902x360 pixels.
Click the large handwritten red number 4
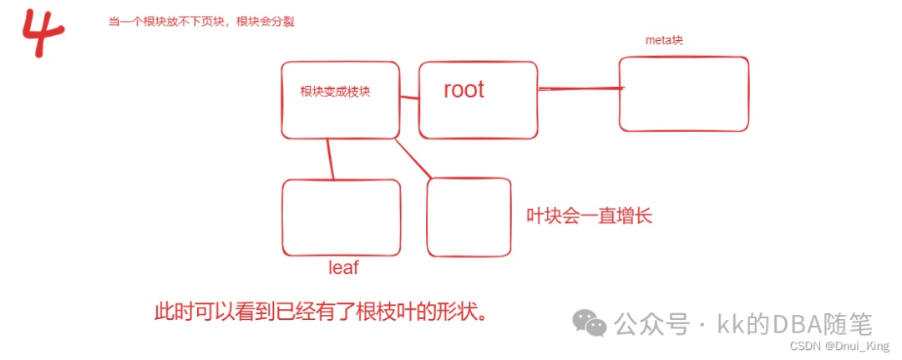pyautogui.click(x=43, y=33)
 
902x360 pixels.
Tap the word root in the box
pyautogui.click(x=464, y=90)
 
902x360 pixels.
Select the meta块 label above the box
pyautogui.click(x=665, y=40)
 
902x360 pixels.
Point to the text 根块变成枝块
pyautogui.click(x=335, y=92)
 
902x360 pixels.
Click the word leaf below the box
pyautogui.click(x=343, y=268)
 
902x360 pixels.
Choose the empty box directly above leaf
pyautogui.click(x=341, y=217)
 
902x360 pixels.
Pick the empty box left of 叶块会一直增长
pyautogui.click(x=469, y=217)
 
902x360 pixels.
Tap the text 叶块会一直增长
pyautogui.click(x=588, y=216)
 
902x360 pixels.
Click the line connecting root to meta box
pyautogui.click(x=580, y=88)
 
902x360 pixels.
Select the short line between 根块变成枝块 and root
pyautogui.click(x=408, y=99)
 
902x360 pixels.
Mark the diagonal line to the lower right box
pyautogui.click(x=413, y=158)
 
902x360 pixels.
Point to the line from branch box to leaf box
pyautogui.click(x=331, y=159)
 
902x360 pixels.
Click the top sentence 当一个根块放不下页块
pyautogui.click(x=201, y=23)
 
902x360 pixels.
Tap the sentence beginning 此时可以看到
pyautogui.click(x=320, y=313)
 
